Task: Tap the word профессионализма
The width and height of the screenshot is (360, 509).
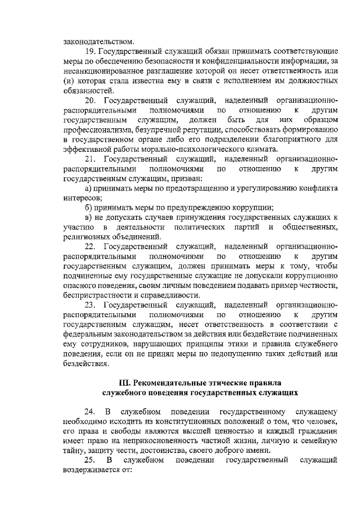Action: pos(101,129)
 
